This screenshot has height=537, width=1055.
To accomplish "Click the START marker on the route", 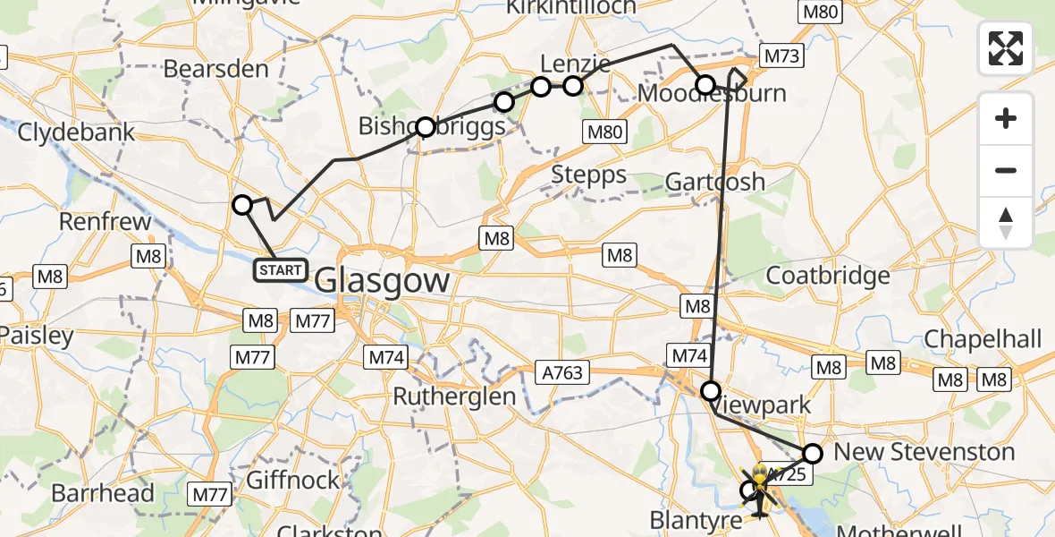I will [281, 269].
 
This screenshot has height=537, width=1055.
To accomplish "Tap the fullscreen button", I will [1006, 48].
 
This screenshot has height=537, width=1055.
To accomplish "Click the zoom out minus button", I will [1006, 170].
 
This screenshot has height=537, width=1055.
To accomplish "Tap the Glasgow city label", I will [383, 280].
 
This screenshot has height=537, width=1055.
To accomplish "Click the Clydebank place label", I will [77, 132].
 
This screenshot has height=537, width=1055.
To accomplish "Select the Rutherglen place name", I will [455, 396].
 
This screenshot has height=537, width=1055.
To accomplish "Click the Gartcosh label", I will [715, 182].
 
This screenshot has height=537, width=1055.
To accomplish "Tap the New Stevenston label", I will [924, 452].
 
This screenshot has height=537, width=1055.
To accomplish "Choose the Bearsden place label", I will [217, 69].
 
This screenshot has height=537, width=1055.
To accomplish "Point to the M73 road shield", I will [781, 56].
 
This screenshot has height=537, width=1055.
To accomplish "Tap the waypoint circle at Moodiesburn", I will [705, 86].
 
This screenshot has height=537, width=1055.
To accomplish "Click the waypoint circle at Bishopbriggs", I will [426, 127].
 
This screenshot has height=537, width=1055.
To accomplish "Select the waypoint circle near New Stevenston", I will [813, 453].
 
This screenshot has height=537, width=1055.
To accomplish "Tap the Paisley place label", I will [37, 337].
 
